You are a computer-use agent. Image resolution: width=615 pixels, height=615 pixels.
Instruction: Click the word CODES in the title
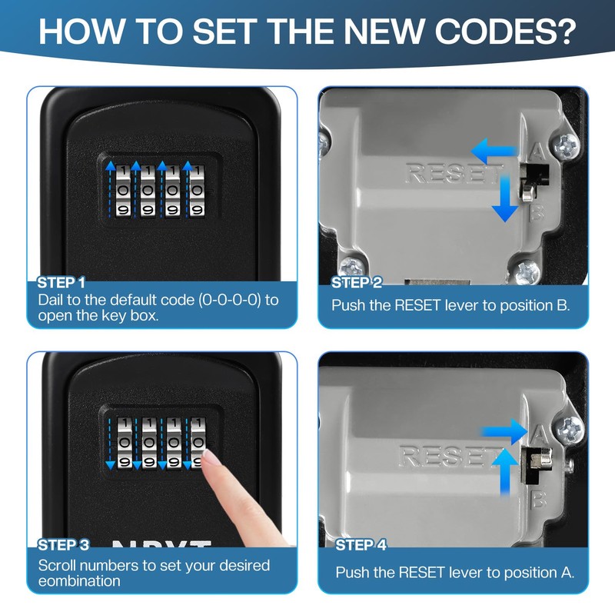[505, 31]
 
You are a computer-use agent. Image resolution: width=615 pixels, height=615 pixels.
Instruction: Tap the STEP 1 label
[61, 282]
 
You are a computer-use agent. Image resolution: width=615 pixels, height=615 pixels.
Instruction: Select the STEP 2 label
[357, 282]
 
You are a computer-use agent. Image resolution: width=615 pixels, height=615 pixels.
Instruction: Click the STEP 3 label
[64, 545]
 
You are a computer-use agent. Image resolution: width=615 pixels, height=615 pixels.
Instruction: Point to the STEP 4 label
[361, 545]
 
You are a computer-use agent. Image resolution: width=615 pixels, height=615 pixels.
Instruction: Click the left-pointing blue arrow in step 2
[494, 151]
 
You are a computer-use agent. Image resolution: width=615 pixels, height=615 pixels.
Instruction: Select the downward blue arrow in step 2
[505, 198]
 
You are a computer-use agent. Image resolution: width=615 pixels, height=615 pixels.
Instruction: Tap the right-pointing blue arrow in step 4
[504, 432]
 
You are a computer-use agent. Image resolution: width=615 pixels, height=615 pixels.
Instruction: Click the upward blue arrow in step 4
[505, 471]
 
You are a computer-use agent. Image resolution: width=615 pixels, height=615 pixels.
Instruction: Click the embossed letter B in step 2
[537, 213]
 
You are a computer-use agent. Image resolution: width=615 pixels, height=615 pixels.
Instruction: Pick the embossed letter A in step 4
[540, 434]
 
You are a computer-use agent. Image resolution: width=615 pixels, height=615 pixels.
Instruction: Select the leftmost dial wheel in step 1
[124, 191]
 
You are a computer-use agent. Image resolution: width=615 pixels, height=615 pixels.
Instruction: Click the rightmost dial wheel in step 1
[197, 191]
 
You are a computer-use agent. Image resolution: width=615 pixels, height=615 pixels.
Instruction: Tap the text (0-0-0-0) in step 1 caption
[230, 300]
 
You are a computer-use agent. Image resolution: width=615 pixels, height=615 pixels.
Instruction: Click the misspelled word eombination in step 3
[79, 581]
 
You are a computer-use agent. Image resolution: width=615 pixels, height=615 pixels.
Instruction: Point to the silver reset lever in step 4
[540, 458]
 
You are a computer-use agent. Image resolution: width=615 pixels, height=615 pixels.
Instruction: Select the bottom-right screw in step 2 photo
[527, 271]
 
